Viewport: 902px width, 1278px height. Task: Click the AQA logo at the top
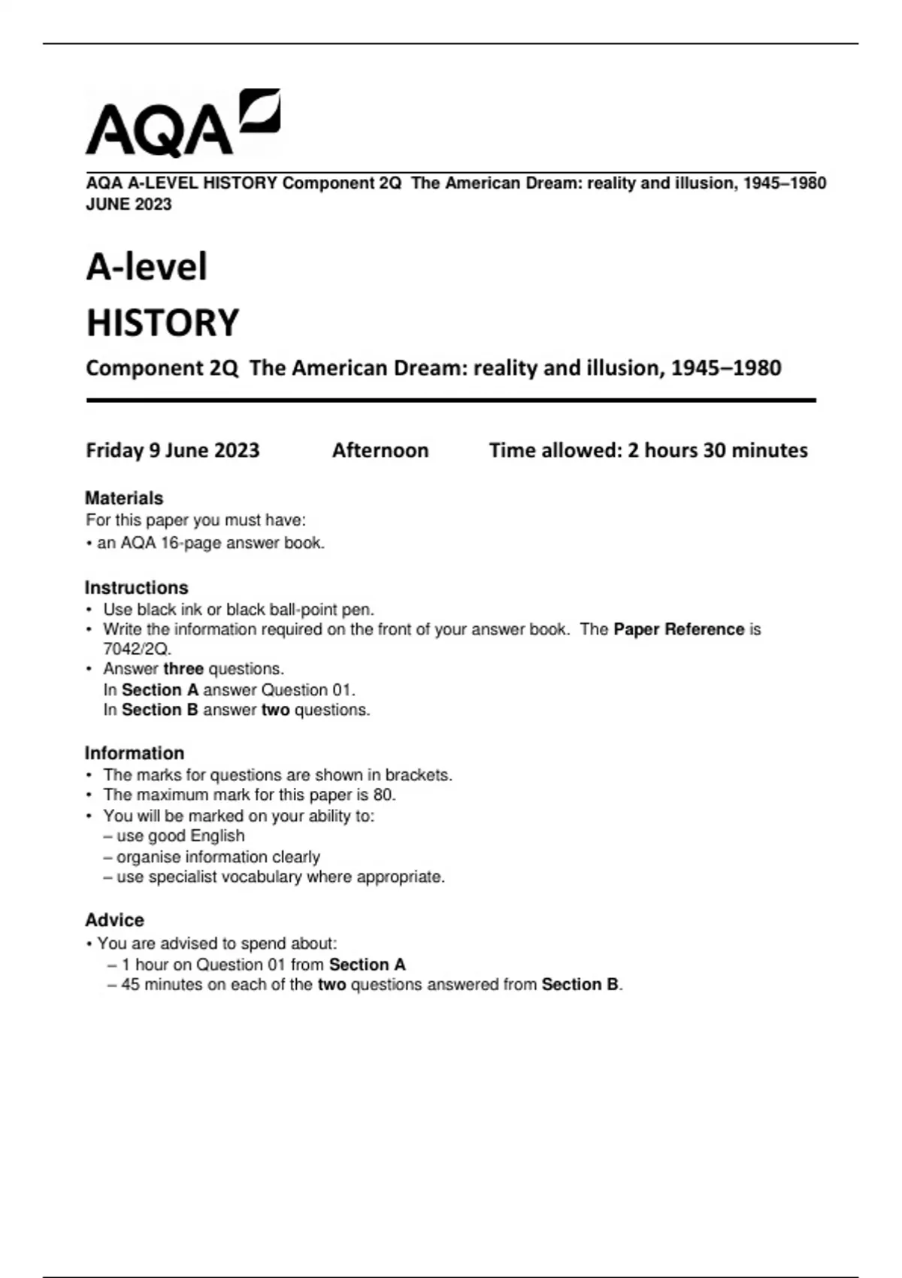(183, 123)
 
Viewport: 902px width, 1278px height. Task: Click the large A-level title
(147, 267)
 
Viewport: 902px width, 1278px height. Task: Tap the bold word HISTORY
(162, 323)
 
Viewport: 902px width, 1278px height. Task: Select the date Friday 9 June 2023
(172, 450)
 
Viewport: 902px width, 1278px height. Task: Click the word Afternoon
(380, 450)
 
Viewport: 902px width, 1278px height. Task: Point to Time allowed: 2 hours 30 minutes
(648, 450)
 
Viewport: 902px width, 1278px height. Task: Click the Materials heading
(124, 498)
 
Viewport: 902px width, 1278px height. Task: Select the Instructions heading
(136, 587)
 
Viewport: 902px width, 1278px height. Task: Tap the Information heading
(134, 753)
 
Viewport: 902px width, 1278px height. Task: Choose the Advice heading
(114, 919)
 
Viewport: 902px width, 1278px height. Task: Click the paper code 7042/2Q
(137, 649)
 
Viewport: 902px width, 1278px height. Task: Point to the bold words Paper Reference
(678, 629)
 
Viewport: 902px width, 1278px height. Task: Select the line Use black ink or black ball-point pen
(238, 609)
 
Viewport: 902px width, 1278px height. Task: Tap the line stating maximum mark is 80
(249, 795)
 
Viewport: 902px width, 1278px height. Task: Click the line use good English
(180, 836)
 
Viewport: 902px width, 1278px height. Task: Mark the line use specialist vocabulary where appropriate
(280, 877)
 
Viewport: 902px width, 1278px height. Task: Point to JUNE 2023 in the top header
(129, 204)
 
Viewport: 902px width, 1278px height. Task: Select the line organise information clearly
(218, 857)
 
